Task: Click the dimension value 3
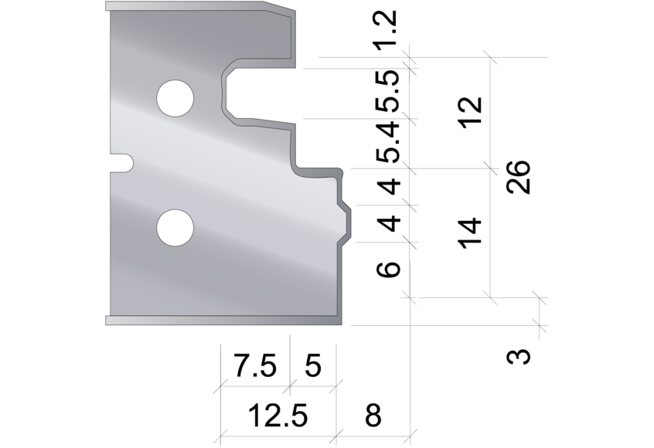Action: tap(522, 357)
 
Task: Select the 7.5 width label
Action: tap(255, 365)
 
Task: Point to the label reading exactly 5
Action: tap(313, 365)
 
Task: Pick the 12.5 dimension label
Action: tap(278, 416)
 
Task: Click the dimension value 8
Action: tap(373, 416)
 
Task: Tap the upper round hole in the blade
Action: tap(175, 97)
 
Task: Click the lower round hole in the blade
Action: tap(175, 228)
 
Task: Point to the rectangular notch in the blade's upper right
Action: tap(259, 93)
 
